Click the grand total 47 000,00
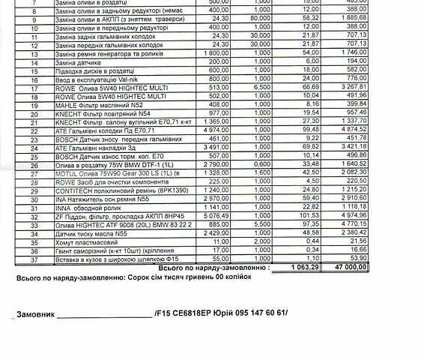pyautogui.click(x=390, y=267)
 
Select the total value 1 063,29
pyautogui.click(x=307, y=267)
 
